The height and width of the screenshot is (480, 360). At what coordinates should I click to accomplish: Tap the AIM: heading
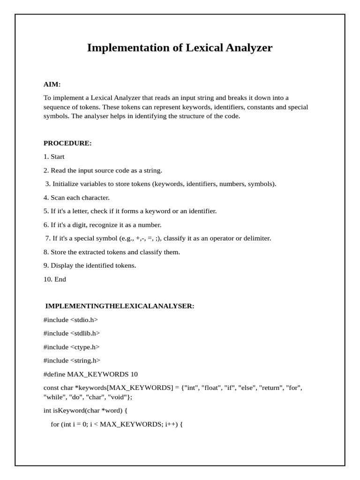click(52, 84)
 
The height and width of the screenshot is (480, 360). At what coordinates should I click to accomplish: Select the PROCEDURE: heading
click(67, 143)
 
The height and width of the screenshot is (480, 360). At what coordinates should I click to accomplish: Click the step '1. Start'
click(54, 157)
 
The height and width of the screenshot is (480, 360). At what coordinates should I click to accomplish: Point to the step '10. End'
click(55, 279)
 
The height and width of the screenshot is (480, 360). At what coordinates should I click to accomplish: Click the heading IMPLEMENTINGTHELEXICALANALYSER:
click(120, 306)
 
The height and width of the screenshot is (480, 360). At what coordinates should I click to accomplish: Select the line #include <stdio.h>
click(71, 320)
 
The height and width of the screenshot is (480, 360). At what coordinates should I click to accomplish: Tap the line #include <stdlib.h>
click(72, 333)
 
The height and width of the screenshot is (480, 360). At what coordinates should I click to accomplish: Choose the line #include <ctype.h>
click(72, 347)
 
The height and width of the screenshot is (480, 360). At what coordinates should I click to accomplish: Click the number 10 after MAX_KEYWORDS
click(134, 374)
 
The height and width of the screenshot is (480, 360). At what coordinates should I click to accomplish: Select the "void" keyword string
click(121, 397)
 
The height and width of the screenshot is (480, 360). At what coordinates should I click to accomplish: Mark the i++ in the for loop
click(171, 424)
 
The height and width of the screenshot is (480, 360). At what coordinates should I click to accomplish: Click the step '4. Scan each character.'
click(76, 198)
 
